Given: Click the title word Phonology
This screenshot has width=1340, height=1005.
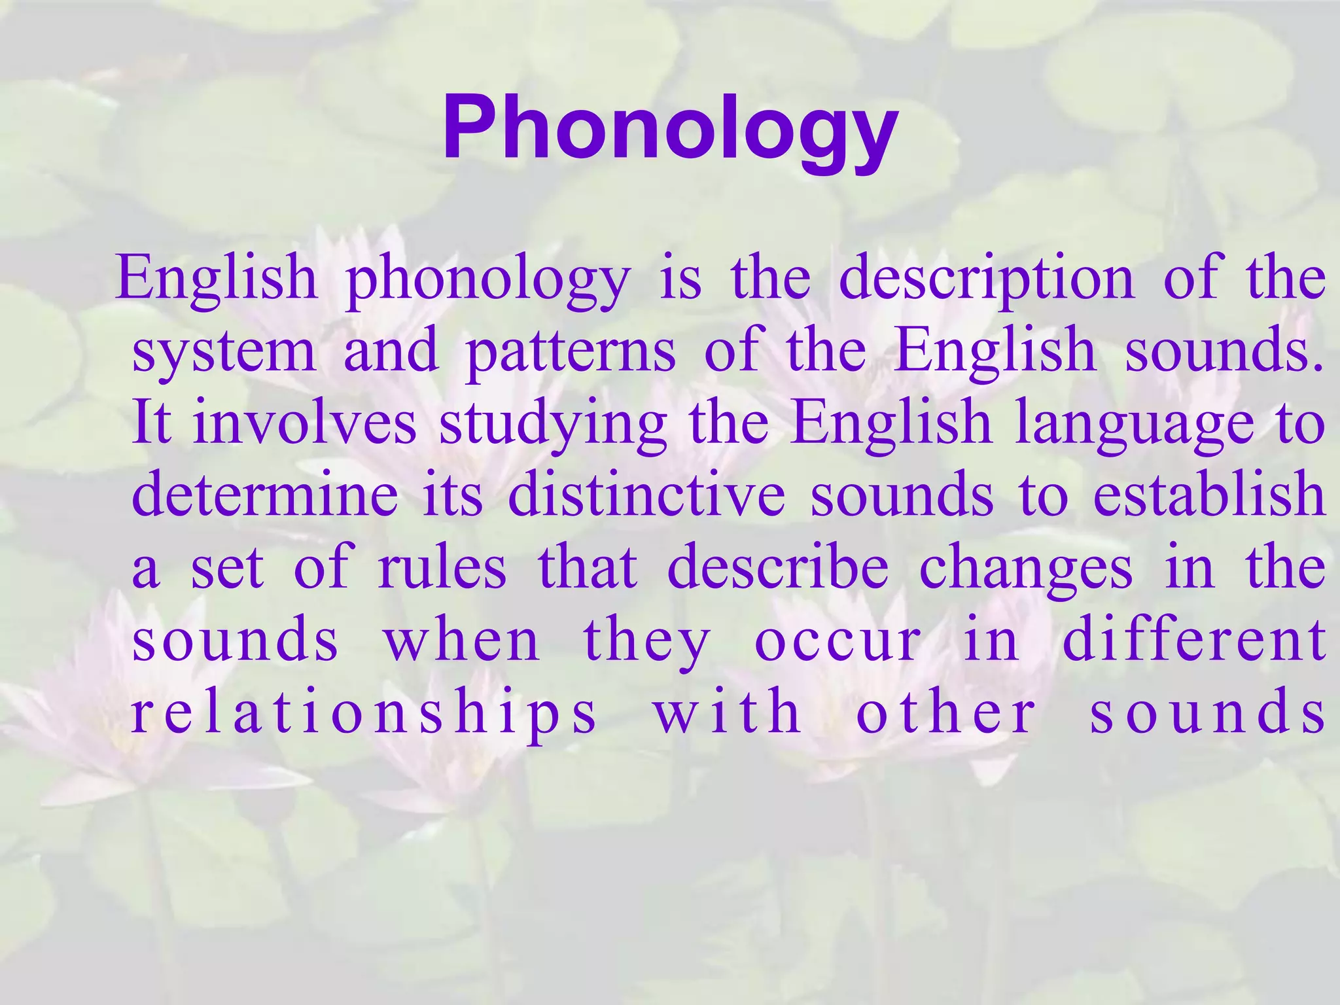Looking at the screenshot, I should click(x=670, y=128).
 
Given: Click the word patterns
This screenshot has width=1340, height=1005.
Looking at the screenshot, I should click(x=570, y=353).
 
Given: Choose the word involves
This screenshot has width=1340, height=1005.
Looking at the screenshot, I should click(x=304, y=423).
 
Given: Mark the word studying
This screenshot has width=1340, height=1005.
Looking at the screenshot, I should click(x=553, y=426).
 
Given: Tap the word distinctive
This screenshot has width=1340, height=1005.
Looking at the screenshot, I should click(x=646, y=495).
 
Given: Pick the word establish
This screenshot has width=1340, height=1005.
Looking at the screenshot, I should click(x=1209, y=495).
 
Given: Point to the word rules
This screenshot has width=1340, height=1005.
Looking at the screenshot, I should click(x=442, y=567).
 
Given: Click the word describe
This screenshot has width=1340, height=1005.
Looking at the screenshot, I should click(x=778, y=567).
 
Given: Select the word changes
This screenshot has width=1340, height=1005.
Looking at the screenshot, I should click(x=1025, y=570).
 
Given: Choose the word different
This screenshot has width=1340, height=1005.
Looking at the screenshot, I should click(x=1194, y=639).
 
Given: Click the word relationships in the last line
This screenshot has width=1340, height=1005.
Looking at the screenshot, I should click(x=364, y=713).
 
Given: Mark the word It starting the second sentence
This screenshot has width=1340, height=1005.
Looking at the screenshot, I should click(x=151, y=423).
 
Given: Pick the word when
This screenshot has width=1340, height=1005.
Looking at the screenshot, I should click(x=461, y=639).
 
